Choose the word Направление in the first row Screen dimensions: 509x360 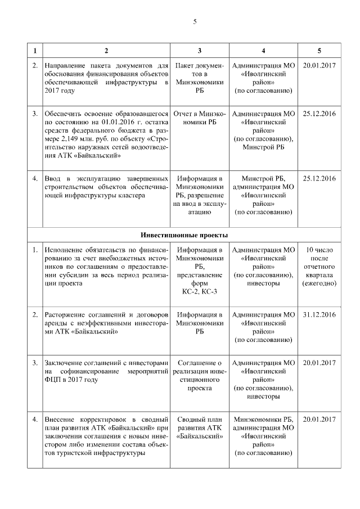(70, 66)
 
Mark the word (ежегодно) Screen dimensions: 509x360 (319, 283)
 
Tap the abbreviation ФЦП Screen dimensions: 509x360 (53, 380)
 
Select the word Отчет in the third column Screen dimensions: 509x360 (186, 114)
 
